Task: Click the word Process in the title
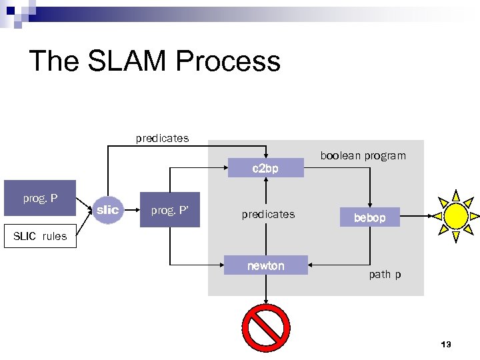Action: point(228,61)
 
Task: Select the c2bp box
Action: point(265,169)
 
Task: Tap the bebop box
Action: point(369,217)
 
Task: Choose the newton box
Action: point(265,265)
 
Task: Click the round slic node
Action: point(107,210)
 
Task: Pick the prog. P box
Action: point(40,198)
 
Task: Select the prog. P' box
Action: point(169,211)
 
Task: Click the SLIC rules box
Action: point(40,237)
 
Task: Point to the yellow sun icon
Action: point(457,215)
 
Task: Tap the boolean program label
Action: point(363,155)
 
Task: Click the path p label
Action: point(385,274)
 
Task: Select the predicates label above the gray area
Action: point(162,138)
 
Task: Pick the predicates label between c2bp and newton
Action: point(268,214)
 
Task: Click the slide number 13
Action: point(446,344)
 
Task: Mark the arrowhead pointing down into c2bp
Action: point(266,155)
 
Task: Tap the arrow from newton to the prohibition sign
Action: point(266,288)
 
